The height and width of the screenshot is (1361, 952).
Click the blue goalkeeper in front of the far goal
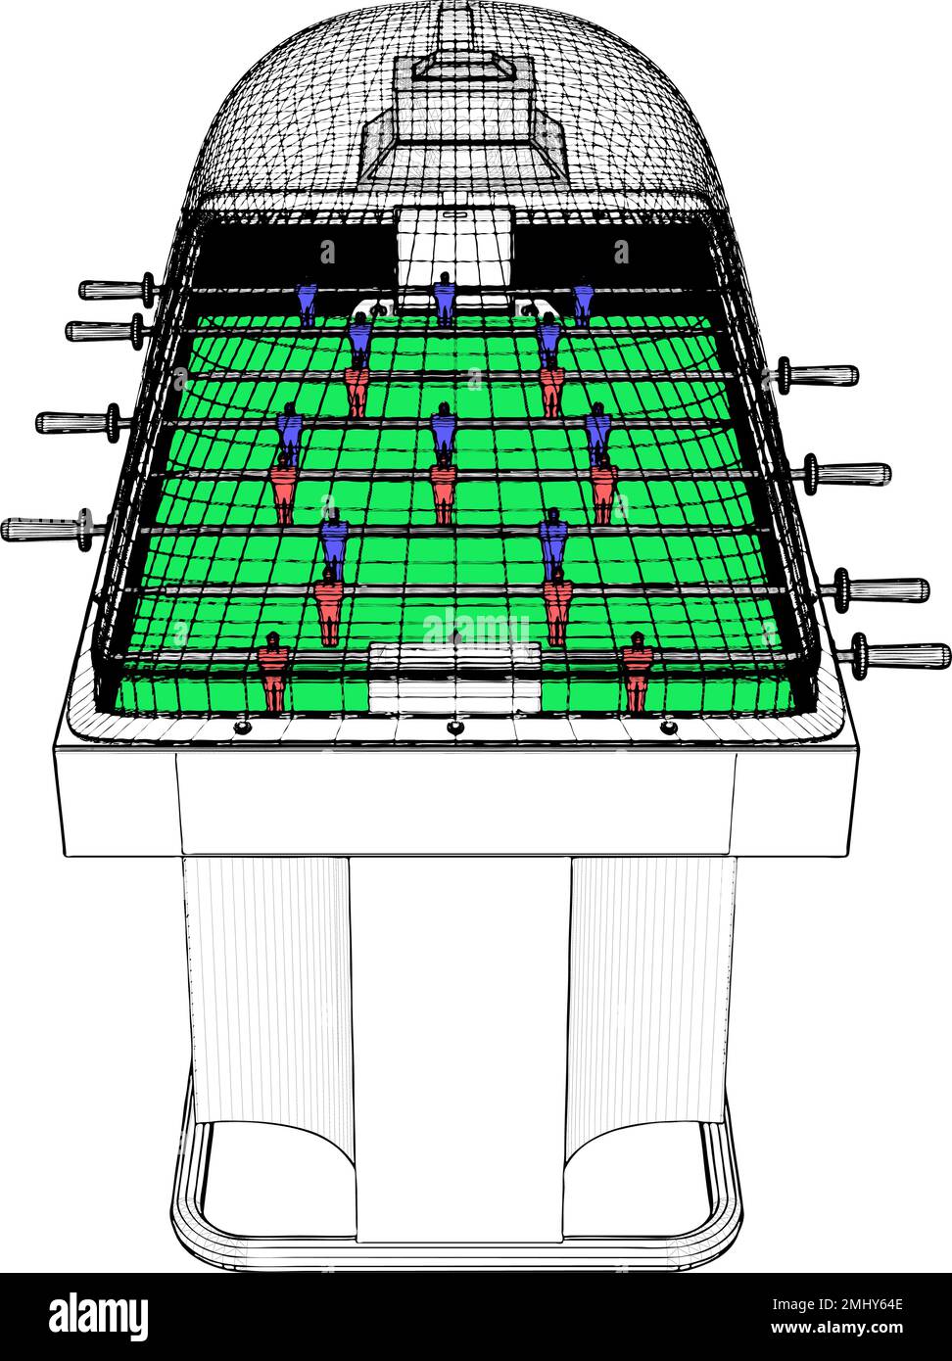point(445,299)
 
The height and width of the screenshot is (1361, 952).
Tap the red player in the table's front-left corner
point(273,671)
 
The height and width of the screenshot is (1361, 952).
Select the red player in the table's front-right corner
point(637,671)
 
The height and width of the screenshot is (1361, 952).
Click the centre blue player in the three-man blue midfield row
point(444,433)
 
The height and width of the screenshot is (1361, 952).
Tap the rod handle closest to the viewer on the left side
point(49,528)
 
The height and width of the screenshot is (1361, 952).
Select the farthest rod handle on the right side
point(817,374)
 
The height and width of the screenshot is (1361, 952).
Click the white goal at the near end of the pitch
point(454,677)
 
